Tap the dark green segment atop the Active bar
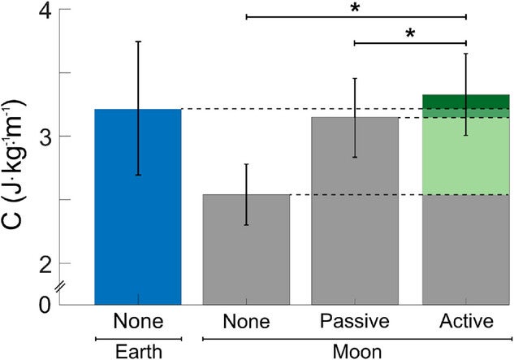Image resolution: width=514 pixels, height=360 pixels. (465, 101)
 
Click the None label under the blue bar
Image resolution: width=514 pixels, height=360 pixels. (137, 321)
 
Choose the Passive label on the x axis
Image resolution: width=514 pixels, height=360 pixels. (355, 321)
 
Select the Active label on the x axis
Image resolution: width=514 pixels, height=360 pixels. (465, 321)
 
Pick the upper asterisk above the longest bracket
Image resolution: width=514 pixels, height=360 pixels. (355, 9)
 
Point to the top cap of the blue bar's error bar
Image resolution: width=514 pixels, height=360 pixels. (137, 41)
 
